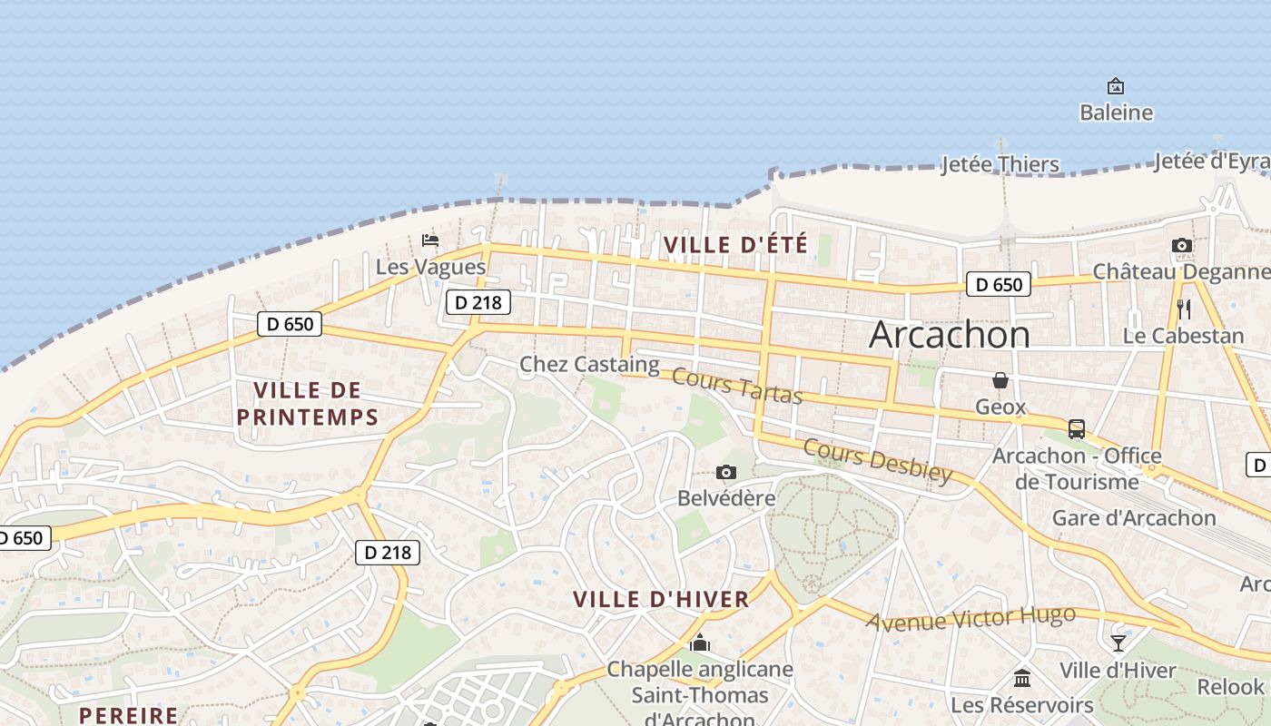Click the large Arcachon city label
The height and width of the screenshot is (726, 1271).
(950, 335)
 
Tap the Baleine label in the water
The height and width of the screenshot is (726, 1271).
(1116, 113)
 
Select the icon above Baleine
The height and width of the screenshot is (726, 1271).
(1116, 86)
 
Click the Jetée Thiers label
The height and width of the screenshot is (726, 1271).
(1000, 164)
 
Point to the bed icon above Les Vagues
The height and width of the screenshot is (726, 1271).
(430, 240)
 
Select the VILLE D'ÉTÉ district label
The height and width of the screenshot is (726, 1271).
(735, 244)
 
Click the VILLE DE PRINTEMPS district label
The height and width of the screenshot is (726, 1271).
(307, 404)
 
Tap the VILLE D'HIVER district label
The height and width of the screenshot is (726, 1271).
(662, 599)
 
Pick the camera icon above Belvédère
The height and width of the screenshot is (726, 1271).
(725, 472)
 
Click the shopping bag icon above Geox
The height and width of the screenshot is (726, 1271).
(1000, 379)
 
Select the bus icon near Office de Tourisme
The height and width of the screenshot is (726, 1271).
(1077, 428)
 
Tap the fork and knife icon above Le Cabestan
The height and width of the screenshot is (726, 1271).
(1183, 309)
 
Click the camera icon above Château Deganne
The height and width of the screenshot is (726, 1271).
(1181, 245)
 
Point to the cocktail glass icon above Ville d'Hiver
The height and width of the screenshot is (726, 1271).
(1118, 643)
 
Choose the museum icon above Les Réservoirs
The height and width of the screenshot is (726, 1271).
(1022, 678)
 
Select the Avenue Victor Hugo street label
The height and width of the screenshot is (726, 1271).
(970, 619)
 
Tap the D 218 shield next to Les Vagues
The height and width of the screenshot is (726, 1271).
(478, 302)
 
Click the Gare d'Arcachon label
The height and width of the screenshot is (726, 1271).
(1134, 518)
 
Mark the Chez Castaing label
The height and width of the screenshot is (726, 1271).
(589, 365)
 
